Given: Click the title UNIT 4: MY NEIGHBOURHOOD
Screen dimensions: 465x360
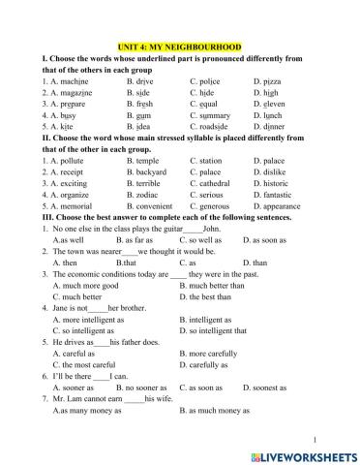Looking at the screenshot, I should coord(179,46).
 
